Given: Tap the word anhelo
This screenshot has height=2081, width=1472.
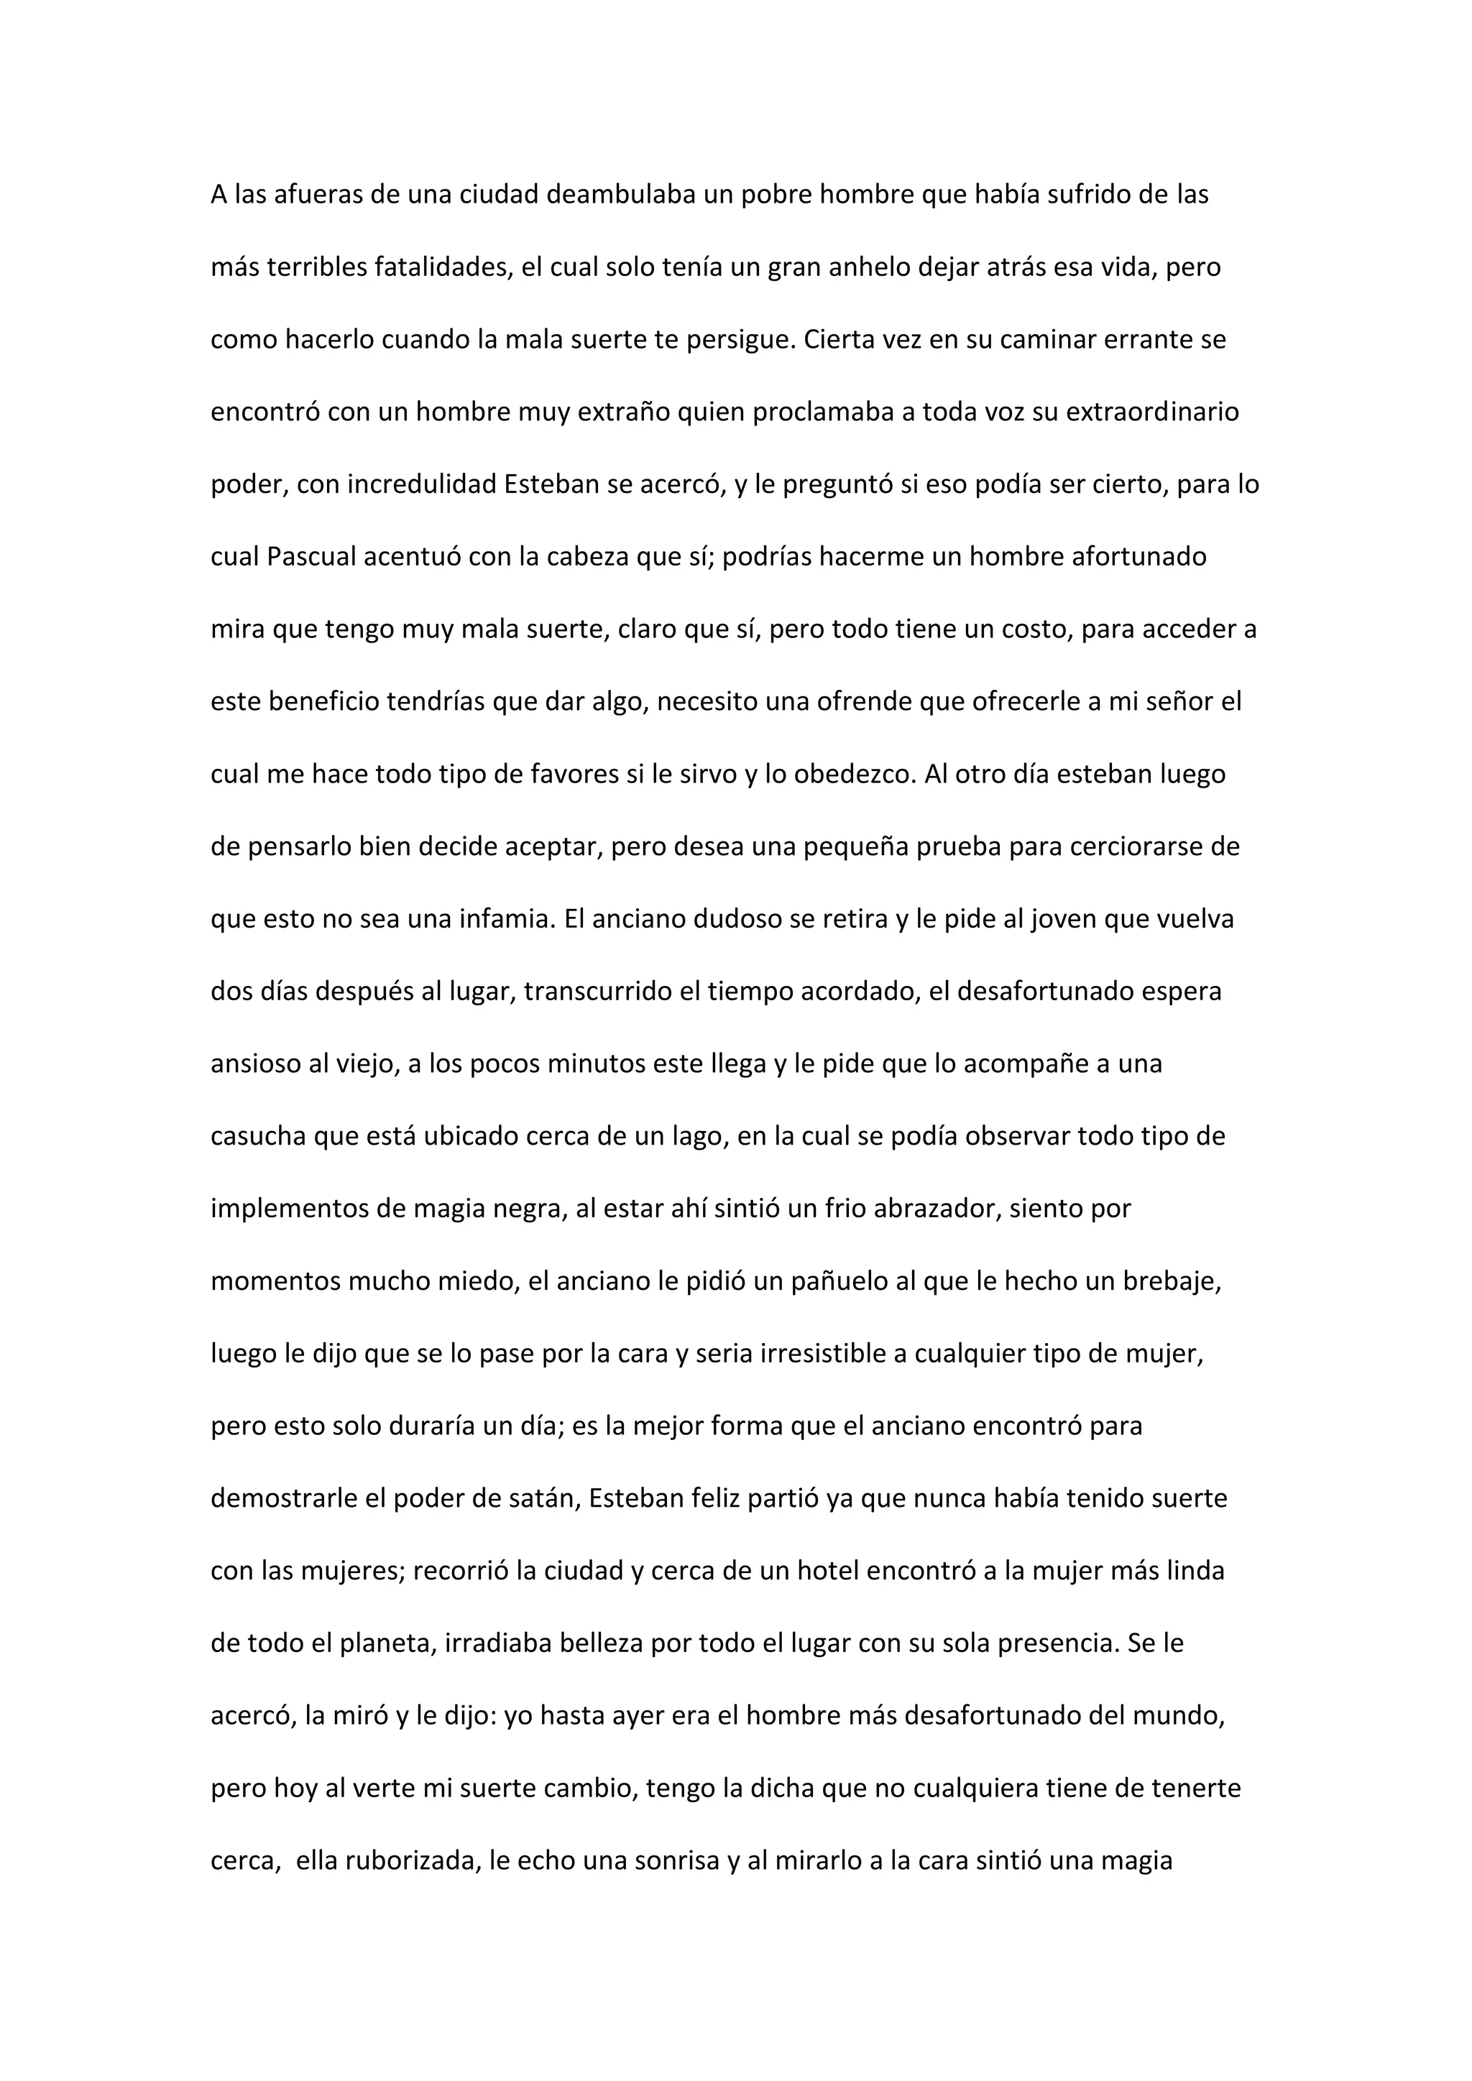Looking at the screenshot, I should [x=870, y=267].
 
